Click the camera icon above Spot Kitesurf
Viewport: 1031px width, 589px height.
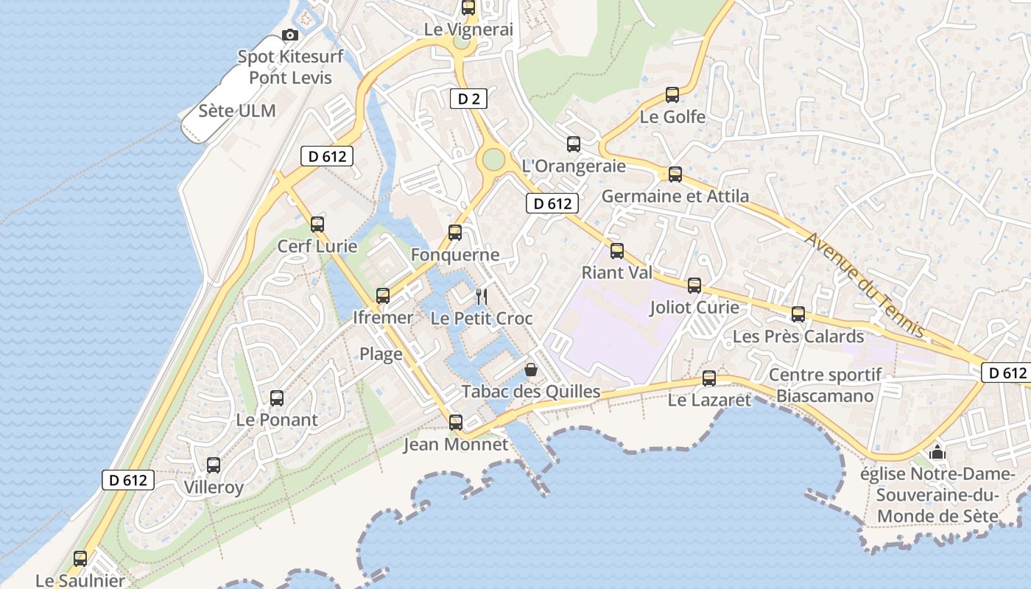coord(290,35)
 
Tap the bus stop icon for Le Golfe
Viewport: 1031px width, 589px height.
coord(672,95)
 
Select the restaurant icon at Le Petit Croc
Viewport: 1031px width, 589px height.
coord(481,297)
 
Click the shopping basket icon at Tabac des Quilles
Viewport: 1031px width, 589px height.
coord(530,370)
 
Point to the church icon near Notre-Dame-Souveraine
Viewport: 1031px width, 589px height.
coord(937,451)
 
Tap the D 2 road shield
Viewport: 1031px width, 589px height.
coord(468,99)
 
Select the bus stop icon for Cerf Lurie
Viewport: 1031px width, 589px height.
coord(317,225)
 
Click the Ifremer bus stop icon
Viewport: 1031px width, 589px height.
coord(382,296)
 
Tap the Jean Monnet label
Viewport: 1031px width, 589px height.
coord(456,445)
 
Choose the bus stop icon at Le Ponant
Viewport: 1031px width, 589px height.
coord(276,398)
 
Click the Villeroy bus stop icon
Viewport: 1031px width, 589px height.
coord(213,465)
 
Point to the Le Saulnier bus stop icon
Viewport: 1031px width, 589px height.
coord(80,559)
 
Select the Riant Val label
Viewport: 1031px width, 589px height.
coord(617,272)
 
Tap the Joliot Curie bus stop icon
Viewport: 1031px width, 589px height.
coord(694,286)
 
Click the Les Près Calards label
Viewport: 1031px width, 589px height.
coord(798,336)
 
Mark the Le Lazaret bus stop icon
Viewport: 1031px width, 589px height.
coord(708,378)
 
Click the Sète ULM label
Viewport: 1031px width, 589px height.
coord(237,111)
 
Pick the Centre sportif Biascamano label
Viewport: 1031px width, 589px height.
coord(826,385)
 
